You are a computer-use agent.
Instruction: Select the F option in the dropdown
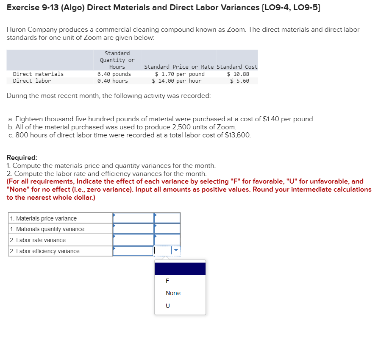click(x=167, y=281)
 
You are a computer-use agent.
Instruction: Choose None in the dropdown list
click(x=173, y=293)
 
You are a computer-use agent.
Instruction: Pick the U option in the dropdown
click(x=167, y=305)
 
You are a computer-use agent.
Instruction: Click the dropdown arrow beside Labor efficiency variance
click(x=176, y=251)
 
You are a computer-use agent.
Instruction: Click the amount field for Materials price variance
click(x=133, y=218)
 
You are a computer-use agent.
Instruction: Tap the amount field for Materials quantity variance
click(x=133, y=229)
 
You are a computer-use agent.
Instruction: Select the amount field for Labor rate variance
click(x=133, y=240)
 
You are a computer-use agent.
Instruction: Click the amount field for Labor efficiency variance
click(x=133, y=251)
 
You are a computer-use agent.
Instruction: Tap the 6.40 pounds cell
click(x=114, y=74)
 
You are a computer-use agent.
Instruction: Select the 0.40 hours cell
click(x=112, y=81)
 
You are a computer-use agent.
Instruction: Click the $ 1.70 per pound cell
click(x=180, y=74)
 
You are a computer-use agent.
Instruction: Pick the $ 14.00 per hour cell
click(x=177, y=81)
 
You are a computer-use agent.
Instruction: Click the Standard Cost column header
click(x=237, y=67)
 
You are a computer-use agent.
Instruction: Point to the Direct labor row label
click(x=32, y=81)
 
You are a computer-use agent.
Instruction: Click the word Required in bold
click(x=22, y=157)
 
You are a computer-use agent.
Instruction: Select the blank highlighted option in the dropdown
click(x=180, y=268)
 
